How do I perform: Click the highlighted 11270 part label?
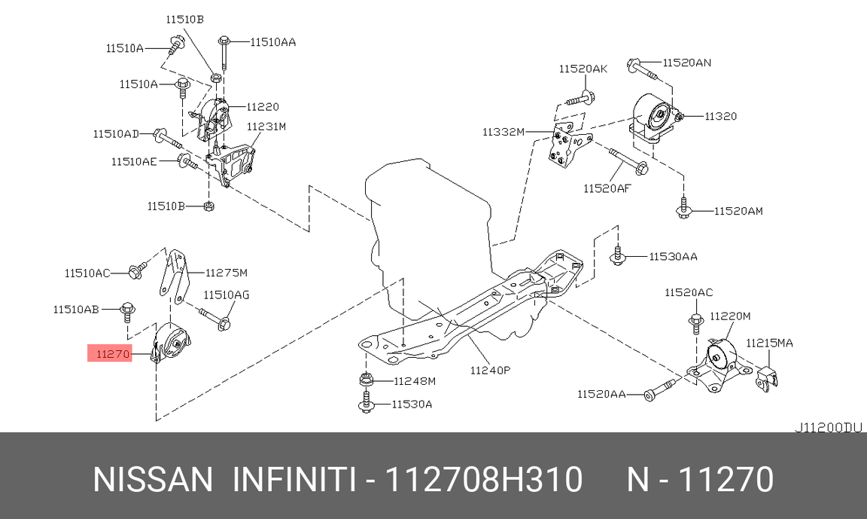tap(110, 353)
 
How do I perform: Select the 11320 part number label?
tap(721, 116)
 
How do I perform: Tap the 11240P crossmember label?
tap(491, 370)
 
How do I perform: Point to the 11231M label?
tap(266, 127)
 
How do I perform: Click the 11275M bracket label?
tap(227, 272)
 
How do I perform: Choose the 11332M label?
tap(503, 132)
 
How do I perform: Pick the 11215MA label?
tap(769, 343)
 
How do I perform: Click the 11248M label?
tap(415, 381)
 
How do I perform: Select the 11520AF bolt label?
tap(606, 188)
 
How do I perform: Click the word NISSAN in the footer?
tap(153, 479)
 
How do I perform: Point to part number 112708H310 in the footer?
tap(483, 479)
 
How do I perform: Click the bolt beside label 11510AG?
tap(214, 317)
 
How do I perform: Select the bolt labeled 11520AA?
tap(659, 391)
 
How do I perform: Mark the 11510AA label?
tap(272, 42)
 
